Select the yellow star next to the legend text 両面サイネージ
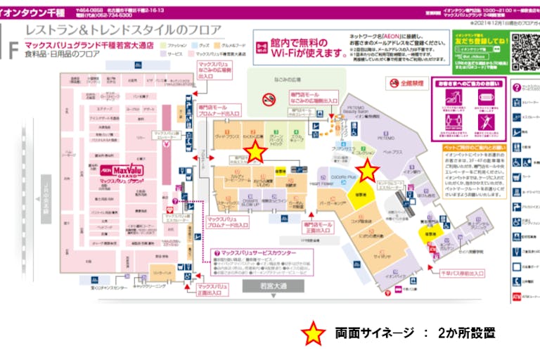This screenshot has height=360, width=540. pos(313,334)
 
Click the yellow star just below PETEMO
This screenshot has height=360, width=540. pos(367,170)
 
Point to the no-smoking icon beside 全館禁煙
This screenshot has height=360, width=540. pos(393,83)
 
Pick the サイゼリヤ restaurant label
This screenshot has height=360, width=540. pos(382,258)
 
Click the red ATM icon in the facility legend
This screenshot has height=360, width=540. pos(517,297)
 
